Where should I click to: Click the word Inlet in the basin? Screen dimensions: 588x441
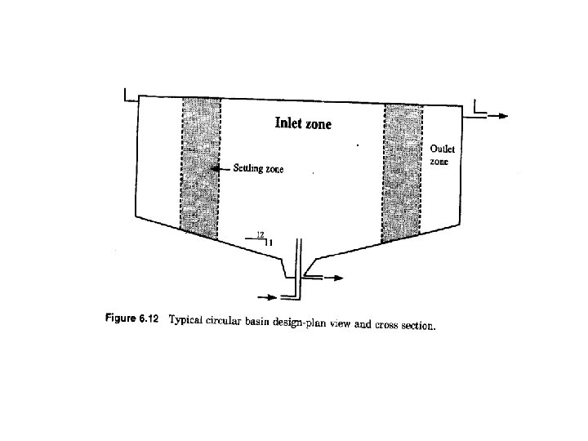[x=289, y=125]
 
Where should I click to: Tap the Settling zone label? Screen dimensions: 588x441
[x=260, y=169]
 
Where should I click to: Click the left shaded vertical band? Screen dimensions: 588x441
[x=200, y=167]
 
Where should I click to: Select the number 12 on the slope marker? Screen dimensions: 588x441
[x=261, y=234]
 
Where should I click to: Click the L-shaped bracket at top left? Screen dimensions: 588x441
[x=128, y=95]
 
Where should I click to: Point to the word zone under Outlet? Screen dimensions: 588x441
[x=440, y=162]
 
